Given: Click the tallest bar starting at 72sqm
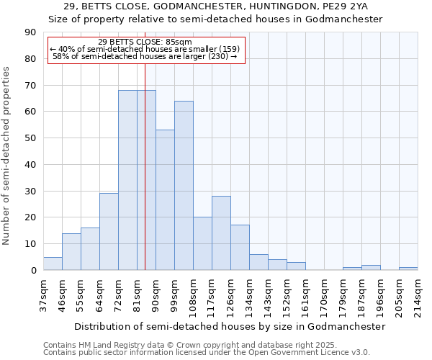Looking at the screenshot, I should [127, 180].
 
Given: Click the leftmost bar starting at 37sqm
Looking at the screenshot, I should [53, 264].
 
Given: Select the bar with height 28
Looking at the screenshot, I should [221, 233].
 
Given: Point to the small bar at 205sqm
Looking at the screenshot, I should [408, 269].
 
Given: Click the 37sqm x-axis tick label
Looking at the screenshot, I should [43, 294].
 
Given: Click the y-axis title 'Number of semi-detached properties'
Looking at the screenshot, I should [6, 156].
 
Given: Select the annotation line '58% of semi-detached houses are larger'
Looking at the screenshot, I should [145, 56].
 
